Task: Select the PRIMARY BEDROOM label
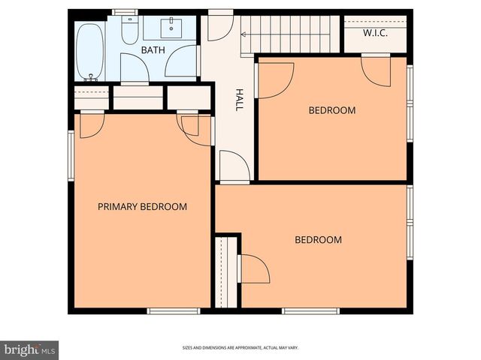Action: pyautogui.click(x=142, y=207)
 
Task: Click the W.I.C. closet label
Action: pyautogui.click(x=375, y=33)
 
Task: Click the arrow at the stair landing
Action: pyautogui.click(x=244, y=34)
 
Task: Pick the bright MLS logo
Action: pyautogui.click(x=30, y=349)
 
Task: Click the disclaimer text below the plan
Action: pyautogui.click(x=240, y=348)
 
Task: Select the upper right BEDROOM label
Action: pyautogui.click(x=331, y=111)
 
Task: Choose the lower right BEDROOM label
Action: pyautogui.click(x=318, y=240)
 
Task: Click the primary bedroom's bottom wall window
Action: pyautogui.click(x=174, y=310)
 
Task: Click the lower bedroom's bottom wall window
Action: pyautogui.click(x=310, y=310)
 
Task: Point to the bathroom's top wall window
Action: pyautogui.click(x=124, y=12)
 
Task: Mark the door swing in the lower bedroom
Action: pyautogui.click(x=253, y=268)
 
